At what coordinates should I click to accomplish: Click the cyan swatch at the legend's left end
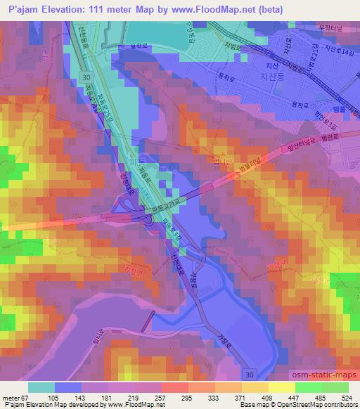coord(41,387)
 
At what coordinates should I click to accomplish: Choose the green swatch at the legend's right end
coord(335,387)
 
